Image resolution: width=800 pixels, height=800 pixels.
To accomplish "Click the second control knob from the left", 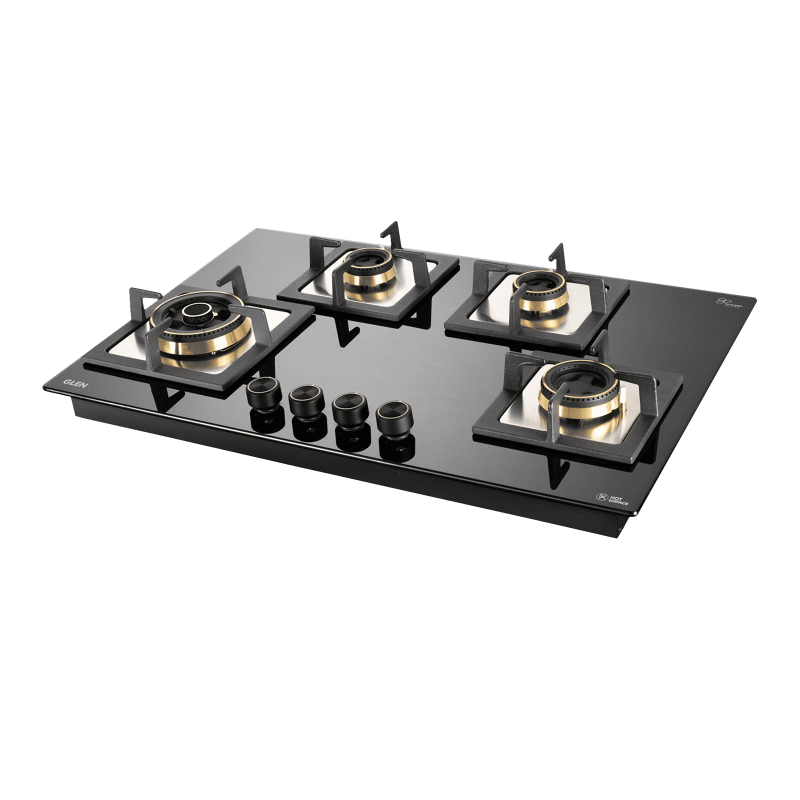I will click(x=301, y=398).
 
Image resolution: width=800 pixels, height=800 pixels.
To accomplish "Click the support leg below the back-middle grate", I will click(x=345, y=335).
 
